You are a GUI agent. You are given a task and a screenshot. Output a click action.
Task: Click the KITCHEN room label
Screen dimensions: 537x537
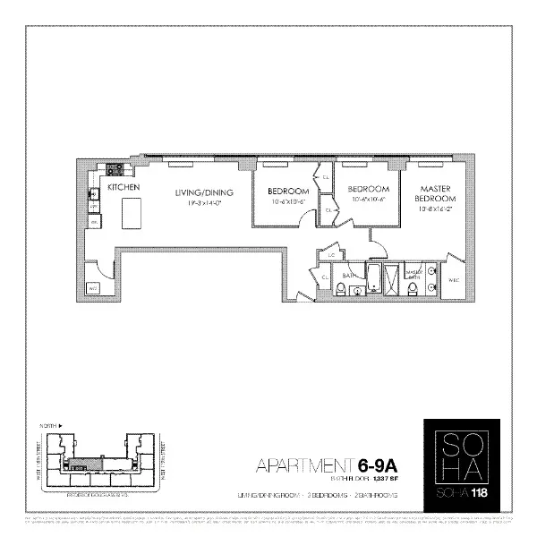[x=122, y=188]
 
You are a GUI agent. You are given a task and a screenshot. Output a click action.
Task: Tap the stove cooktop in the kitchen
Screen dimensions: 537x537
[x=115, y=169]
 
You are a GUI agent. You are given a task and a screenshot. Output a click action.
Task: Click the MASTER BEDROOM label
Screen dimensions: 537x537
[x=434, y=193]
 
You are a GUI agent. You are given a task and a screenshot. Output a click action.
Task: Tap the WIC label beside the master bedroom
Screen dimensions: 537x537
[x=453, y=280]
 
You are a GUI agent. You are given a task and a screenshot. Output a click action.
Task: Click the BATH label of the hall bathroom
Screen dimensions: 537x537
[x=351, y=277]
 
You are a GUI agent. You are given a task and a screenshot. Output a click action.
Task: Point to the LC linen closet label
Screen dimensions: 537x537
[x=331, y=256]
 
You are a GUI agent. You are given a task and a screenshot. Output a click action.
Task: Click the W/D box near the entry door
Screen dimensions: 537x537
[x=92, y=288]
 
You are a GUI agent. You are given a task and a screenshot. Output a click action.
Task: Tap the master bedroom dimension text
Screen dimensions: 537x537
[x=434, y=209]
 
